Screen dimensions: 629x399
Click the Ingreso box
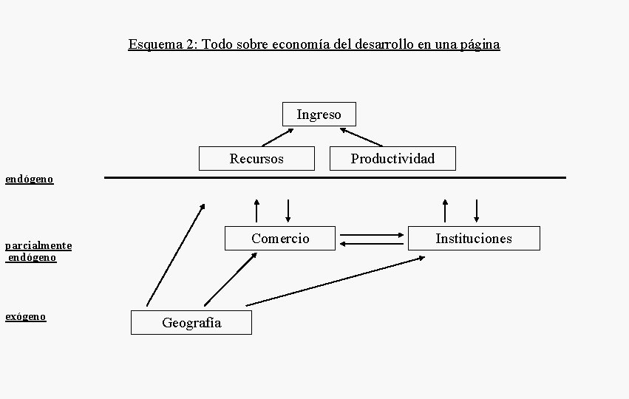[x=319, y=115]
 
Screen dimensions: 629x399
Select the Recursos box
[x=256, y=159]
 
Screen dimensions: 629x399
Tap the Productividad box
[x=392, y=159]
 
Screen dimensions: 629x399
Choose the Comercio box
[x=280, y=238]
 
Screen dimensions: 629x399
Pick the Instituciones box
[x=474, y=238]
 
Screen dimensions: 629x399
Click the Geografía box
[x=191, y=323]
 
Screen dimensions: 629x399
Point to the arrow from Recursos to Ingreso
[x=277, y=137]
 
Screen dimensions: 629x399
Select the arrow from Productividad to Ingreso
[x=361, y=137]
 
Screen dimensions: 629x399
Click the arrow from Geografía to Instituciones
[x=336, y=281]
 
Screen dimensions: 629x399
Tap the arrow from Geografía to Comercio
[x=231, y=279]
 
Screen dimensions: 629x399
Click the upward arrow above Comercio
[x=256, y=211]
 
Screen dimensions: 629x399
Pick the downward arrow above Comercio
[x=288, y=211]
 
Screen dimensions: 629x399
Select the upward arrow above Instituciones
[x=445, y=211]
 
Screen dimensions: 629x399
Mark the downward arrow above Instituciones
[x=477, y=211]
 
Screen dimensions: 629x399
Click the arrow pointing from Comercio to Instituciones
[x=372, y=236]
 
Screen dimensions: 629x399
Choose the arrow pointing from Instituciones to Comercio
[x=372, y=243]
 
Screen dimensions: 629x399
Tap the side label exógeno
[x=26, y=316]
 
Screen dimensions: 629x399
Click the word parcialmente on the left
[x=38, y=245]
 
